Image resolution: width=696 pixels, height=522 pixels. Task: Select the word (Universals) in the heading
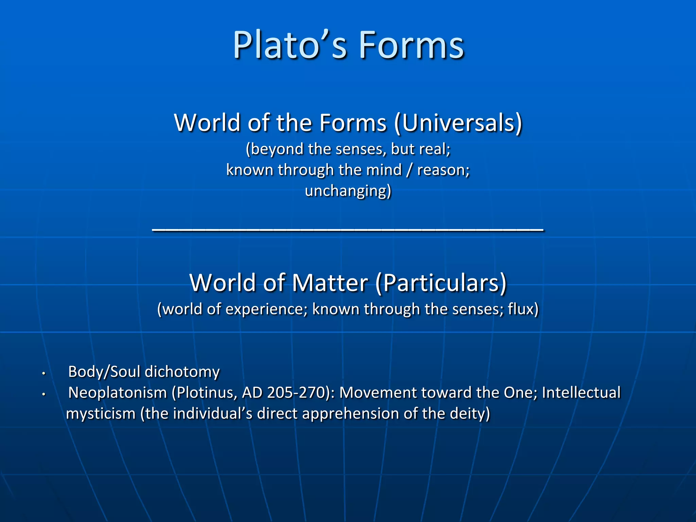(x=458, y=123)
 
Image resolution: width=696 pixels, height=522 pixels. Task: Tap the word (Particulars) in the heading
(x=441, y=283)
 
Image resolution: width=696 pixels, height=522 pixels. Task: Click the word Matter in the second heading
(x=330, y=283)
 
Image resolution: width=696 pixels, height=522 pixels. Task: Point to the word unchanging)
(x=348, y=191)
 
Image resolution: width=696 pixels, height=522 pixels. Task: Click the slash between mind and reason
(x=410, y=170)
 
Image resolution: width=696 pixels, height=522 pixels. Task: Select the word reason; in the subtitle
(x=443, y=170)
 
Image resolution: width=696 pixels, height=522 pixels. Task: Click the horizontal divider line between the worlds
(x=348, y=230)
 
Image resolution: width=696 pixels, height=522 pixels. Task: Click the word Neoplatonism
(x=118, y=393)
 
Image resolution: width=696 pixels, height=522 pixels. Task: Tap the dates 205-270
(x=296, y=393)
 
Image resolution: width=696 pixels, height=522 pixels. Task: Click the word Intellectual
(x=581, y=393)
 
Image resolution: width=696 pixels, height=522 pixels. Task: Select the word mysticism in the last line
(x=101, y=414)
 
